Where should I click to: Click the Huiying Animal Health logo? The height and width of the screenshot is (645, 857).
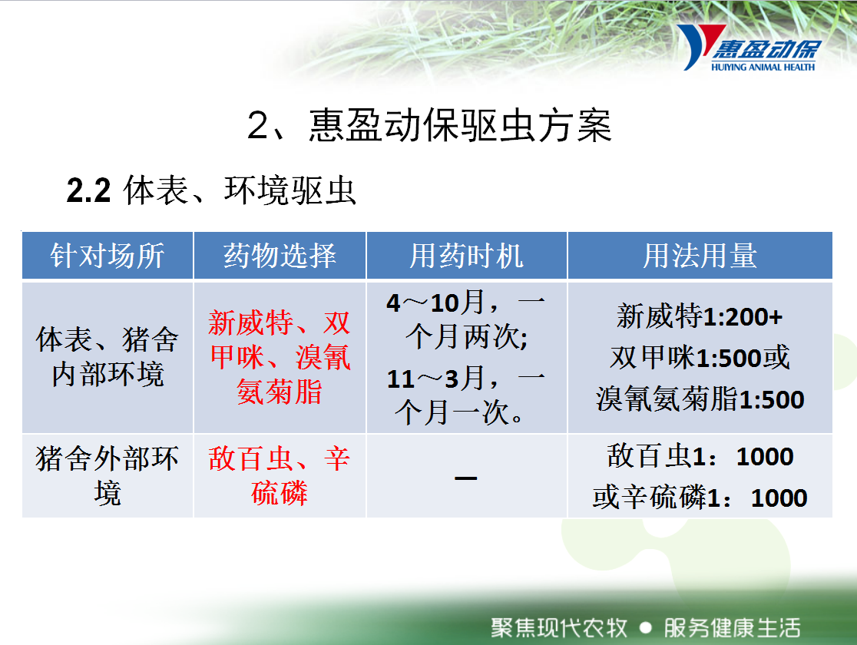coord(748,48)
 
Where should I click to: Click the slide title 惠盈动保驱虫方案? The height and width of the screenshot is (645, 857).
coord(460,126)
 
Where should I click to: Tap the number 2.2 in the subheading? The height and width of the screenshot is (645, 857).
coord(88,190)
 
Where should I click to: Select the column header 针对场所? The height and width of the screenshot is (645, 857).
coord(108,256)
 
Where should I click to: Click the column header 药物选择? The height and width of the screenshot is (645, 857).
coord(280,256)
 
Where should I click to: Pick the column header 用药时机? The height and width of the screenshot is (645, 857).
coord(466,256)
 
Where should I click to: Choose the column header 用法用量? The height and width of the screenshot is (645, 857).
coord(700,256)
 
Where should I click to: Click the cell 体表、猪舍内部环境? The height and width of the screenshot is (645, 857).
coord(108,357)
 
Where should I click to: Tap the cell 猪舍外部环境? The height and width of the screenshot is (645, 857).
coord(108,475)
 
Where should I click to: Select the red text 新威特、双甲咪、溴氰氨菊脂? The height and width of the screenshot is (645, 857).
coord(280,357)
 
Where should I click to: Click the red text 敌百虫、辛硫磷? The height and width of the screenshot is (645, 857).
coord(280,475)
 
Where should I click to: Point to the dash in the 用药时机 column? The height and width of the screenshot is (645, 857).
coord(465,478)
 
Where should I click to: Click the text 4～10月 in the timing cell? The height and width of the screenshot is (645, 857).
coord(435,303)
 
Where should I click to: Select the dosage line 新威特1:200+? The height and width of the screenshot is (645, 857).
coord(700,316)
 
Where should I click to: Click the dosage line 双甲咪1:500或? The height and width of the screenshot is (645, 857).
coord(700,358)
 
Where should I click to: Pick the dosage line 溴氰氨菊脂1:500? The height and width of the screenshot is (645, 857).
coord(700,399)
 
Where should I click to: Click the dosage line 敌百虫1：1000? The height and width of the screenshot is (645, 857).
coord(700,456)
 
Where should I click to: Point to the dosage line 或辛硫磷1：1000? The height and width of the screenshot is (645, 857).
coord(700,498)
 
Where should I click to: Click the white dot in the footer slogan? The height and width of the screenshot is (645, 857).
coord(646,627)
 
